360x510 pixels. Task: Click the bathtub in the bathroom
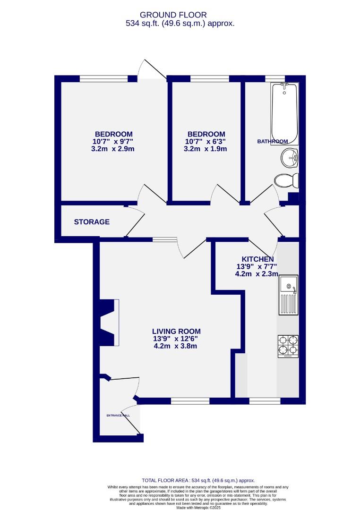[x=284, y=113]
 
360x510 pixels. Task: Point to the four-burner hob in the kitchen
[x=288, y=345]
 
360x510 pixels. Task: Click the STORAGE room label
[x=92, y=221]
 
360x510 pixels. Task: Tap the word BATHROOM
[x=272, y=141]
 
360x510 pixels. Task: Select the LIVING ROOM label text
[x=176, y=331]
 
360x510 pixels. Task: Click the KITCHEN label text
[x=257, y=259]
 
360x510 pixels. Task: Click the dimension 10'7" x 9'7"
[x=113, y=141]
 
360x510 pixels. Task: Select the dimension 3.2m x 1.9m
[x=206, y=149]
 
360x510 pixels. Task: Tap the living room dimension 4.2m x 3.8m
[x=175, y=346]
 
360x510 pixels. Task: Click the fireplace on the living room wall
[x=108, y=323]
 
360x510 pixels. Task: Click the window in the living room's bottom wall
[x=190, y=401]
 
